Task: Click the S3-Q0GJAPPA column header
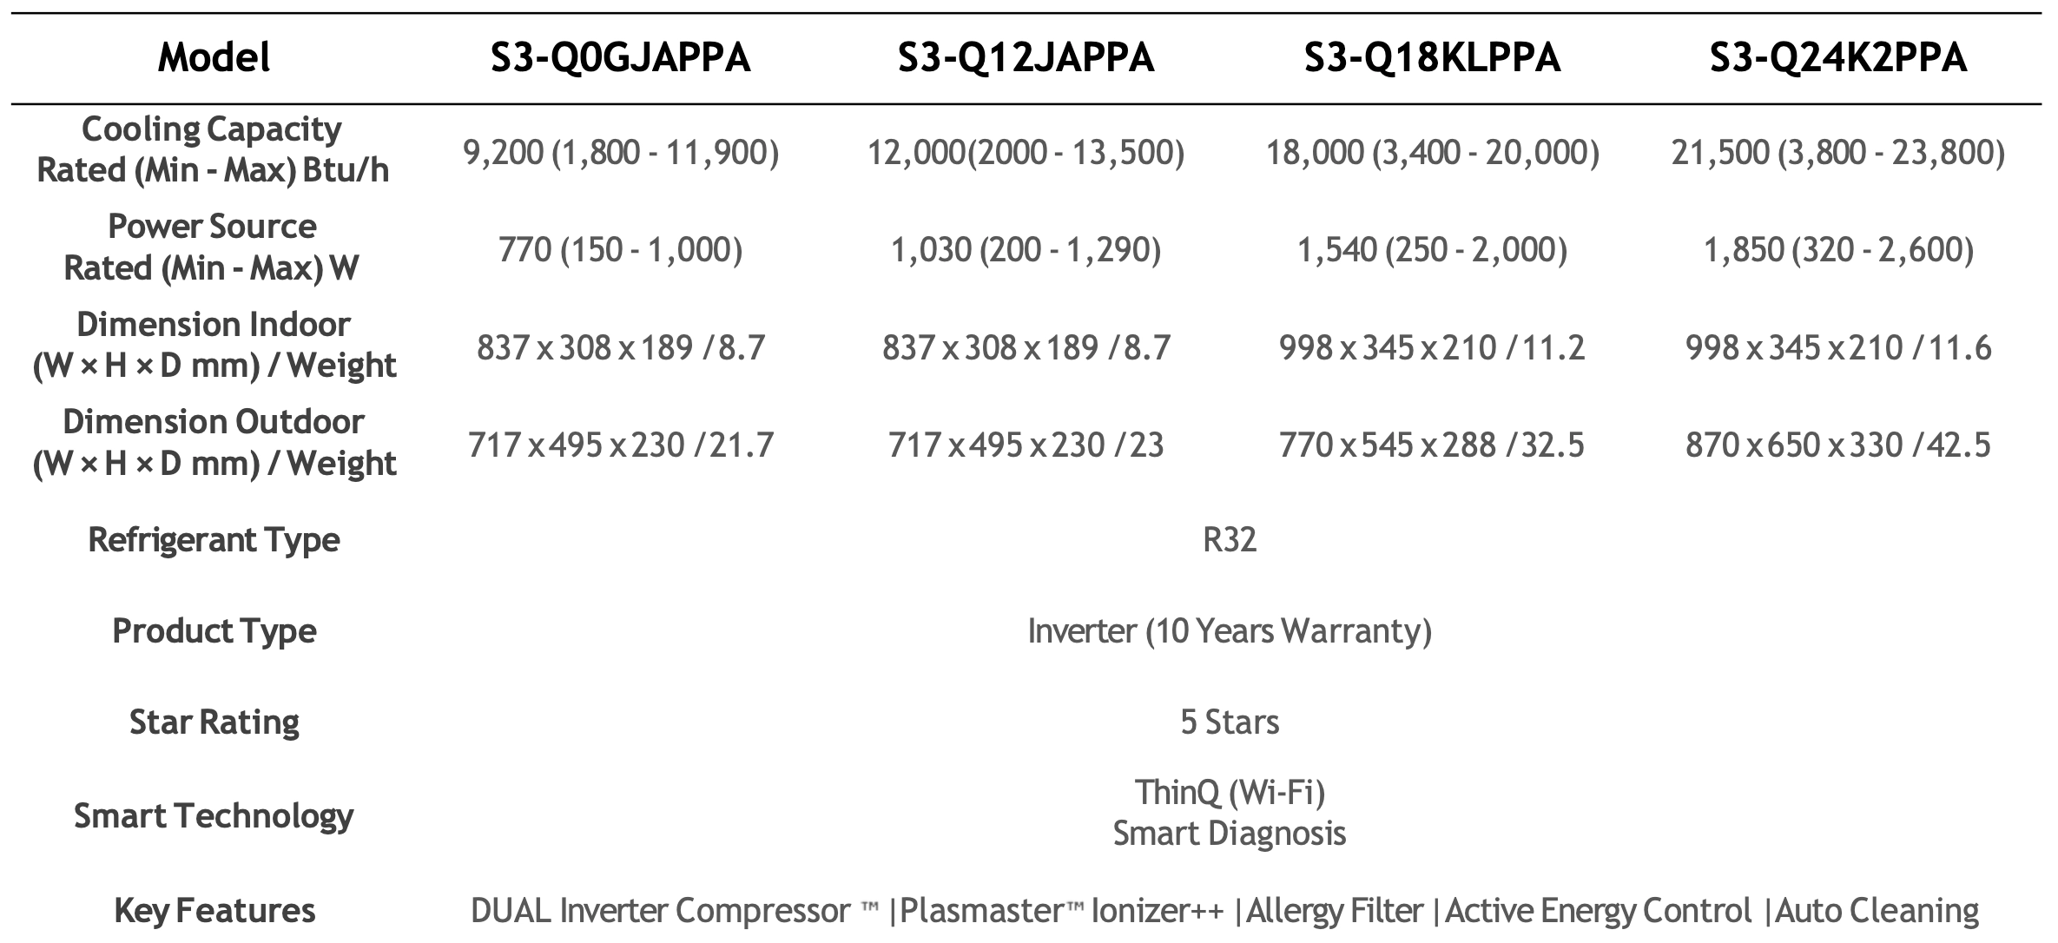(x=620, y=58)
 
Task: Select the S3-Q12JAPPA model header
(x=1026, y=58)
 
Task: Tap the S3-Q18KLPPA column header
(x=1432, y=58)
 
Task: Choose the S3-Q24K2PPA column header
(x=1837, y=58)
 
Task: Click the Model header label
(x=214, y=58)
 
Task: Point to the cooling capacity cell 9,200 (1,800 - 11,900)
(x=620, y=153)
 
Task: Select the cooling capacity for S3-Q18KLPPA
(x=1432, y=153)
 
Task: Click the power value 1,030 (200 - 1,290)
(x=1026, y=250)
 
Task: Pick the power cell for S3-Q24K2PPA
(x=1837, y=250)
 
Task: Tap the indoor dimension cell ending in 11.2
(x=1432, y=348)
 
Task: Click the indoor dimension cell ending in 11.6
(x=1837, y=348)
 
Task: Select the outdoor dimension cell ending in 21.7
(x=620, y=445)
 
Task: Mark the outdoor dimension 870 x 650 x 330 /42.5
(x=1837, y=445)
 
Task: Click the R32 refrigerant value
(x=1230, y=540)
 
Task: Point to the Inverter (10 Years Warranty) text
(x=1230, y=631)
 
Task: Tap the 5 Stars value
(x=1230, y=722)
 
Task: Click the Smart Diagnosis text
(x=1230, y=834)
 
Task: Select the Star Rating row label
(x=214, y=722)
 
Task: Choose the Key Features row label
(x=214, y=911)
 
